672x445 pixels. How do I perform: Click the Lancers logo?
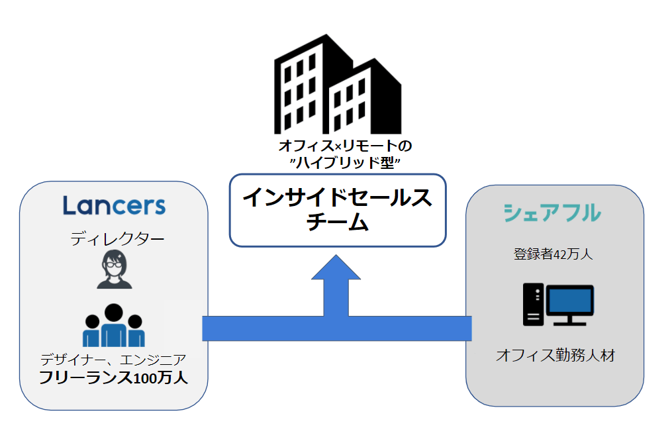click(114, 205)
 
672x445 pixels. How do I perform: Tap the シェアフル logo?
click(552, 213)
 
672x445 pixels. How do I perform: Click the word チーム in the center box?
click(337, 223)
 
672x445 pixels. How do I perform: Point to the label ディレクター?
click(117, 239)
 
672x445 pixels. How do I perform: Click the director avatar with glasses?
click(114, 270)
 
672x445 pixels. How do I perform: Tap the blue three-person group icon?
click(113, 326)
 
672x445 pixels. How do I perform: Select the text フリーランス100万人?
click(113, 378)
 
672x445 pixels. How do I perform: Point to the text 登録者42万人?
click(553, 254)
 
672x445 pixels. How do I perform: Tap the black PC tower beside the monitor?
click(533, 304)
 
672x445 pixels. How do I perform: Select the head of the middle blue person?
click(113, 312)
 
